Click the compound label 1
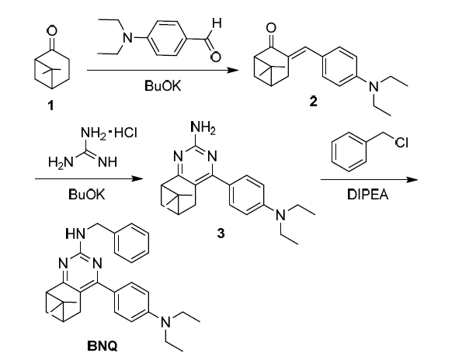click(50, 106)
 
